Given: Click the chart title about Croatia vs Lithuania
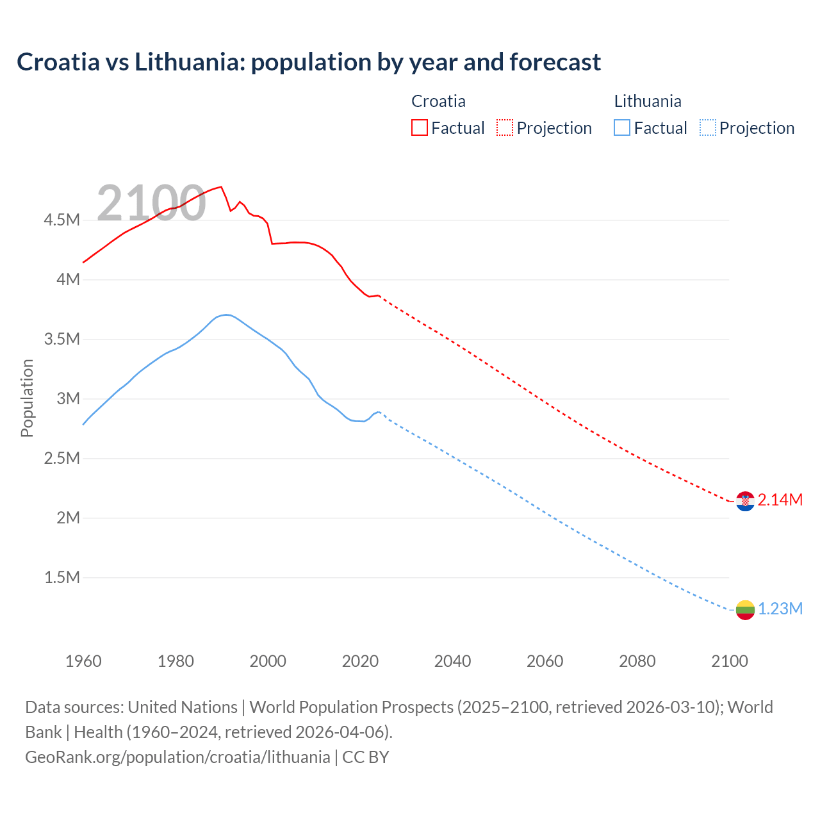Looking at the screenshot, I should coord(309,62).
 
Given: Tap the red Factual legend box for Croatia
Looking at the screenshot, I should coord(419,127).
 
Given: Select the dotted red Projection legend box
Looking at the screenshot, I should coord(505,127).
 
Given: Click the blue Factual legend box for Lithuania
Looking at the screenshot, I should coord(621,127).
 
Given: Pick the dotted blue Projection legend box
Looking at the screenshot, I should coord(707,127).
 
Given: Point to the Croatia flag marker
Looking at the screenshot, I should coord(745,501).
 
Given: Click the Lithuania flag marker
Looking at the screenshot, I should coord(745,610).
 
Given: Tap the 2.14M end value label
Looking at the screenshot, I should coord(780,500).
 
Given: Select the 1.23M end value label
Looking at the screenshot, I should coord(780,609).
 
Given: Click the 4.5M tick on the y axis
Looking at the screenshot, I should coord(61,220).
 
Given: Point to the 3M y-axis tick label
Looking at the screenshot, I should coord(68,398).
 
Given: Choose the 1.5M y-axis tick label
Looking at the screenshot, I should coord(61,577).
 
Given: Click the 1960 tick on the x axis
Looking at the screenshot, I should coord(83,661).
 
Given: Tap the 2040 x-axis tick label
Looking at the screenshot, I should coord(452,661).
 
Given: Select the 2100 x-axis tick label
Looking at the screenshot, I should coord(729,661).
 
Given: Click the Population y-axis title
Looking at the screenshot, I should coord(27,398).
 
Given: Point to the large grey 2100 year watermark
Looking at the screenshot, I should coord(151,203).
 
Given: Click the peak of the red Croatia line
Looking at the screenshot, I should coord(221,187).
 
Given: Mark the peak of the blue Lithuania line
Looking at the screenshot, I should coord(225,315).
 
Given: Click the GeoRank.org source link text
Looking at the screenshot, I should coord(177,757).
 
